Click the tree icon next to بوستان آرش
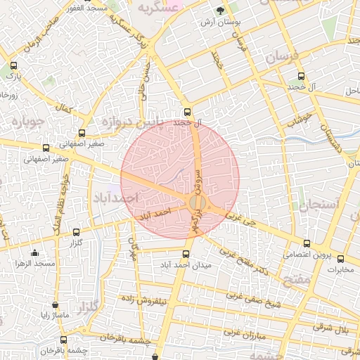tap(221, 11)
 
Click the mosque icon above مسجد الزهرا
tap(35, 253)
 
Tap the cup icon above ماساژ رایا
tap(55, 305)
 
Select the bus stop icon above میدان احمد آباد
tap(186, 254)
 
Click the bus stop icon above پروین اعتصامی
tap(298, 245)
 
